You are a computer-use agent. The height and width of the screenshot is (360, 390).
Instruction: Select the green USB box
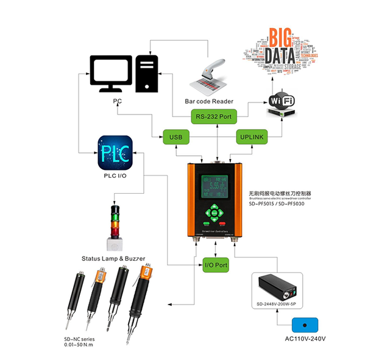(x=176, y=136)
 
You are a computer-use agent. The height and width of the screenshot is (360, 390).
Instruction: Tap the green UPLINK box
(x=251, y=136)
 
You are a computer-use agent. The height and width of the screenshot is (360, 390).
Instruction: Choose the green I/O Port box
(x=215, y=265)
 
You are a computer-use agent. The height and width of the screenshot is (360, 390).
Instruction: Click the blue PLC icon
(x=115, y=152)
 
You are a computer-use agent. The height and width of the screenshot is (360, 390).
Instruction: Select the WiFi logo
(x=282, y=101)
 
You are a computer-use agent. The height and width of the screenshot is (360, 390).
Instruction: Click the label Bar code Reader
(x=208, y=101)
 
